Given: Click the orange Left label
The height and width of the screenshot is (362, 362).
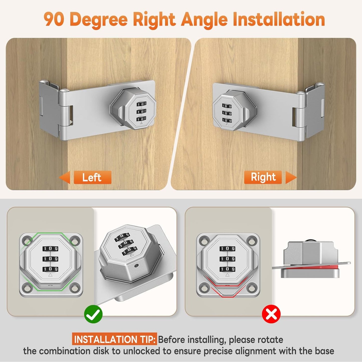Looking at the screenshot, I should (x=92, y=177).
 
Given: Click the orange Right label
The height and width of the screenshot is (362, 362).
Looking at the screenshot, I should (x=263, y=177).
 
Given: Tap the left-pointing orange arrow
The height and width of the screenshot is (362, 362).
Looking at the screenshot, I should (x=65, y=177).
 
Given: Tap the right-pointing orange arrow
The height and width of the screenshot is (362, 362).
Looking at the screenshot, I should (x=291, y=177).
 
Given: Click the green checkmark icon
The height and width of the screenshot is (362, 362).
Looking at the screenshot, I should (x=93, y=314).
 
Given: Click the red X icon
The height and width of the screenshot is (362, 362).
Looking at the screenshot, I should (x=271, y=314).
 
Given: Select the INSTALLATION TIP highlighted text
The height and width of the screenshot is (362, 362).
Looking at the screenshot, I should (x=114, y=339).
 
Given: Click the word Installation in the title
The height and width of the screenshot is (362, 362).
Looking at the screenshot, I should (x=279, y=19).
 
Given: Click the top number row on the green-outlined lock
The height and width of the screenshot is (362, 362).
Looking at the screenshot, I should (x=50, y=249).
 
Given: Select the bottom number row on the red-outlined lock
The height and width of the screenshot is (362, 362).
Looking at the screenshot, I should (x=227, y=269).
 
